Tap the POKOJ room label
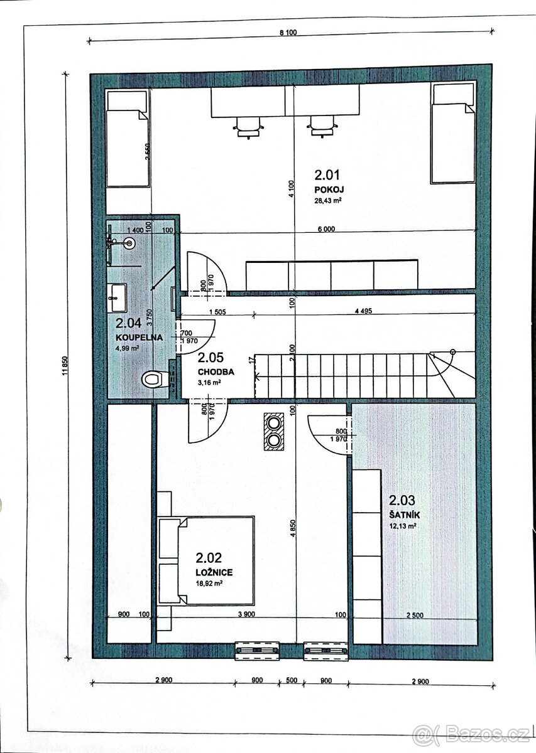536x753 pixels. [329, 190]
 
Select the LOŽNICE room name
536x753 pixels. [214, 572]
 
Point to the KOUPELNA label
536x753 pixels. [139, 337]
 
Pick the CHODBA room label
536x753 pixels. [216, 371]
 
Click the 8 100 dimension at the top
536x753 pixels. [288, 32]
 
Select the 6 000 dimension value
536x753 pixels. [326, 229]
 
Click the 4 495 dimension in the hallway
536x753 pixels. [363, 311]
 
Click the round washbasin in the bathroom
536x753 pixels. [129, 242]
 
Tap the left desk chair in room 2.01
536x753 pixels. [248, 127]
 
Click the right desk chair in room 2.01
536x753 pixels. [322, 126]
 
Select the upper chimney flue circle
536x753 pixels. [273, 422]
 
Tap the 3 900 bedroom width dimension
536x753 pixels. [246, 614]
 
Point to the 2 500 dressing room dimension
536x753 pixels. [415, 615]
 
